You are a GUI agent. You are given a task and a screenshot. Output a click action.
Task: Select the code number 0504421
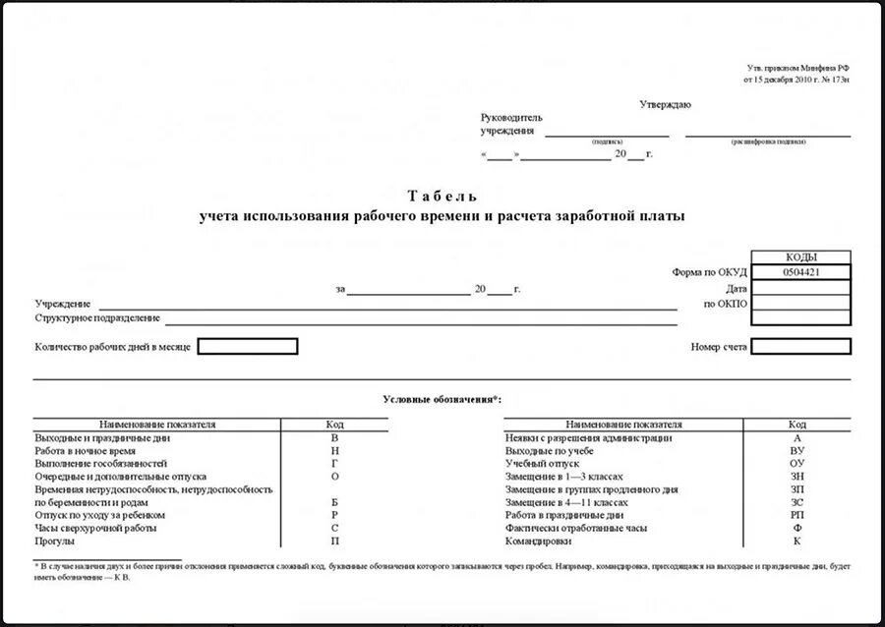coord(801,272)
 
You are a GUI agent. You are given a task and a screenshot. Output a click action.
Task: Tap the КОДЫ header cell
coord(801,257)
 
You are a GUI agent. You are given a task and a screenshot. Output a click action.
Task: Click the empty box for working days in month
coord(248,346)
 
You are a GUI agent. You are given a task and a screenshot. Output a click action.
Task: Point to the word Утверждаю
coord(666,104)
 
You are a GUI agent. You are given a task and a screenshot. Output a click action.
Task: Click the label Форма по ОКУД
coord(710,272)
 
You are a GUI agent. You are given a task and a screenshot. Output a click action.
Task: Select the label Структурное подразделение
coord(97,318)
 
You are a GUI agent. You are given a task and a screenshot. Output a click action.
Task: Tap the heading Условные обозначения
coord(442,399)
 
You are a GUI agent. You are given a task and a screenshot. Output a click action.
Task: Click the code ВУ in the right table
coord(796,449)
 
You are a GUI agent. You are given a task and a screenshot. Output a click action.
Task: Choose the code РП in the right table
coord(796,515)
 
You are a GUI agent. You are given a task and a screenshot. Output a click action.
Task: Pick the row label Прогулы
coord(55,541)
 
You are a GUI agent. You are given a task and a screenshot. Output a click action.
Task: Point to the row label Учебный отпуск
coord(542,462)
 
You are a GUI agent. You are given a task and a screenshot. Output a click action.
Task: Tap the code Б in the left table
coord(334,502)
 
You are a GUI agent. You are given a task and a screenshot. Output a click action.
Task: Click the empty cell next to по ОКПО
coord(801,304)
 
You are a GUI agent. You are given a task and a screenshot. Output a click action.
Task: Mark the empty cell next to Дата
coord(801,288)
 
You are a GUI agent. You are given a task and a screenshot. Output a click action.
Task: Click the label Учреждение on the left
coord(63,304)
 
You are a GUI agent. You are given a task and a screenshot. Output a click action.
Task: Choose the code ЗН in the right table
coord(796,476)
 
